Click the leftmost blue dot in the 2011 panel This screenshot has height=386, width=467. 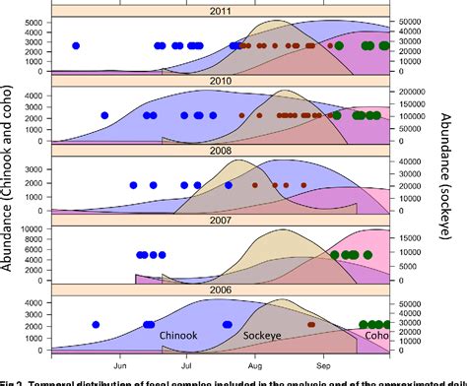(76, 46)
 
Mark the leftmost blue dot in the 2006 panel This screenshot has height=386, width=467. (96, 324)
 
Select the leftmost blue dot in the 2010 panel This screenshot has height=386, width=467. (103, 115)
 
